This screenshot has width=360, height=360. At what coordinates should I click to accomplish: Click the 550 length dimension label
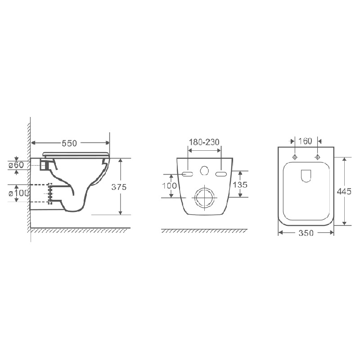click(69, 143)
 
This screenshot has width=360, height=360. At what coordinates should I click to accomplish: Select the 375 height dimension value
click(119, 187)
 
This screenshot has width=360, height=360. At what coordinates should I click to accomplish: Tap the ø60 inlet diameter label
click(16, 165)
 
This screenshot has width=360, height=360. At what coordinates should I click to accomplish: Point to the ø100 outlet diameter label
click(19, 193)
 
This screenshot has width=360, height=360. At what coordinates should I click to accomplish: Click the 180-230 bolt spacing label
click(204, 142)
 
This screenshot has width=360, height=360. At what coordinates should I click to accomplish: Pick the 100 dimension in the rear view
click(170, 185)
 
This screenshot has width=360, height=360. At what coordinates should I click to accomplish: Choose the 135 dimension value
click(240, 184)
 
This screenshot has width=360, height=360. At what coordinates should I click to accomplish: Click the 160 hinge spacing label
click(305, 141)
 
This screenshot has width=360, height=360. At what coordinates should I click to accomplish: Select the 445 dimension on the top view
click(344, 191)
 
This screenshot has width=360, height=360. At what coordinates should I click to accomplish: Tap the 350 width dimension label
click(306, 233)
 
